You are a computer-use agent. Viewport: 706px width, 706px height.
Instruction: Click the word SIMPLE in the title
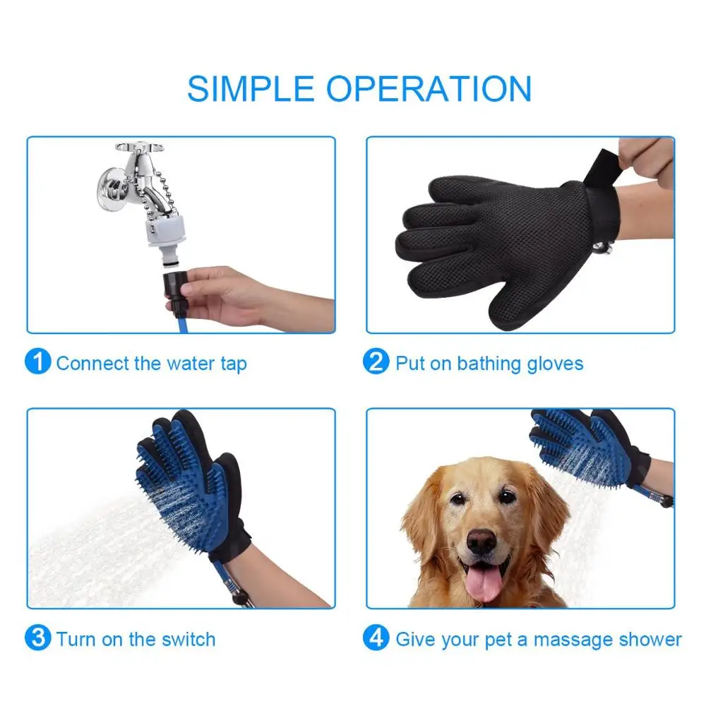[x=251, y=88]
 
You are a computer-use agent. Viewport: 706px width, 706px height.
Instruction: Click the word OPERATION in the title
[x=428, y=88]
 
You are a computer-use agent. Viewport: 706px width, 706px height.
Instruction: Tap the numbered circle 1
[x=37, y=363]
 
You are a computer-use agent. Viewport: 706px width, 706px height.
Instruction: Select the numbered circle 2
[x=376, y=363]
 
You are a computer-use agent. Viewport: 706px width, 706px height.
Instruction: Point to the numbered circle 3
[x=37, y=640]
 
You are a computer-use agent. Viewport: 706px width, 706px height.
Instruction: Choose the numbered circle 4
[x=376, y=640]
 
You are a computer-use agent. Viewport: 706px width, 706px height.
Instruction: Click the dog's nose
[x=481, y=542]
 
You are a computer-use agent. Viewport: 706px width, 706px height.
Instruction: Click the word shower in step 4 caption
[x=654, y=640]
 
